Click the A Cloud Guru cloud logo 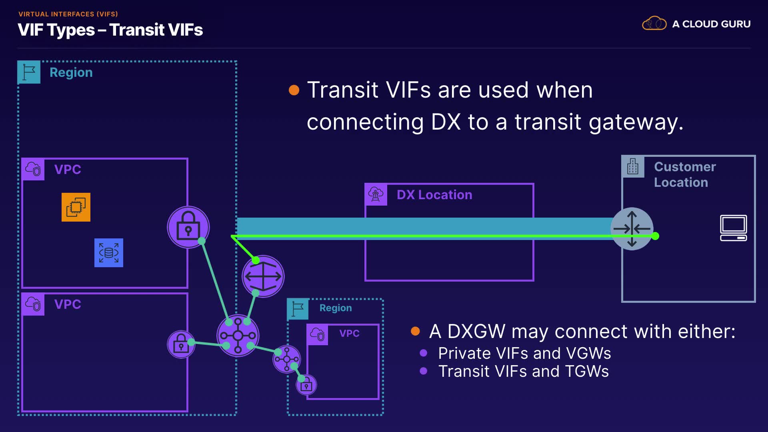click(654, 24)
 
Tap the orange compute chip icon click(76, 207)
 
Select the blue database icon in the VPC click(109, 253)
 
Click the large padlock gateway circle click(188, 227)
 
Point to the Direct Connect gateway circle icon click(263, 276)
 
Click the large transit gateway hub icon click(238, 336)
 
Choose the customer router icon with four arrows click(632, 229)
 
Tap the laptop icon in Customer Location click(734, 228)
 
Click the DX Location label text click(434, 195)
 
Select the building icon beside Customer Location click(633, 166)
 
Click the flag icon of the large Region click(29, 72)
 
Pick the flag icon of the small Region click(298, 309)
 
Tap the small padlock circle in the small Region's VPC click(306, 385)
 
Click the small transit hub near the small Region click(287, 359)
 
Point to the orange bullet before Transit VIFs click(294, 90)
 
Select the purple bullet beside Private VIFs click(424, 353)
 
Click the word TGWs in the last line click(587, 371)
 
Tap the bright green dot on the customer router click(655, 236)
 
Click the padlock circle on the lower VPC click(181, 344)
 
